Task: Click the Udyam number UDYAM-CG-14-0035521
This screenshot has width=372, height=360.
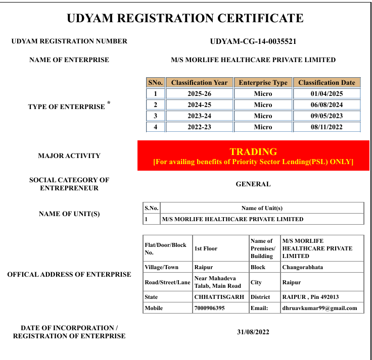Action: point(253,41)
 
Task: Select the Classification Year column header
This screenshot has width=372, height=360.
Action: point(199,83)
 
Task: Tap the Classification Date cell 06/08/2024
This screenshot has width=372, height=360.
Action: point(327,105)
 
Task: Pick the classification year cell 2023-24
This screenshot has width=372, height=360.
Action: point(199,116)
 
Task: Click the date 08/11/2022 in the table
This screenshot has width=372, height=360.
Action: point(327,127)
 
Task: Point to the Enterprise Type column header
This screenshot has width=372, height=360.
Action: point(263,83)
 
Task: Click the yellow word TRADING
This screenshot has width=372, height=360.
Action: point(253,151)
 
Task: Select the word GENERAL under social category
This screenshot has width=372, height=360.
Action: point(253,184)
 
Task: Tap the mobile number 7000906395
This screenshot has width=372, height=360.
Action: point(209,308)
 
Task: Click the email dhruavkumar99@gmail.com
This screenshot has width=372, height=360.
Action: point(319,308)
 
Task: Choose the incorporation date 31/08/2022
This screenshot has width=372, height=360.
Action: point(253,332)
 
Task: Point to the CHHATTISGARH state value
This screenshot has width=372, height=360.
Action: point(219,297)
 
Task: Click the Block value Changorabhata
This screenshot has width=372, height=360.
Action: point(302,267)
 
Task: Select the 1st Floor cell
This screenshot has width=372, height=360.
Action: point(206,249)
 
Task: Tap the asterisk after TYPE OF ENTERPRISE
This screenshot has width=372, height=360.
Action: point(109,104)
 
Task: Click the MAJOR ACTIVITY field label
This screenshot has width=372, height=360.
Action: point(69,156)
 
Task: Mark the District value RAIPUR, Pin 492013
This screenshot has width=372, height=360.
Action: point(310,297)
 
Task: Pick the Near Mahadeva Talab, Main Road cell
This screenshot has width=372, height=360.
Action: point(218,282)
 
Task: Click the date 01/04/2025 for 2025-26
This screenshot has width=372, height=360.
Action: point(327,94)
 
